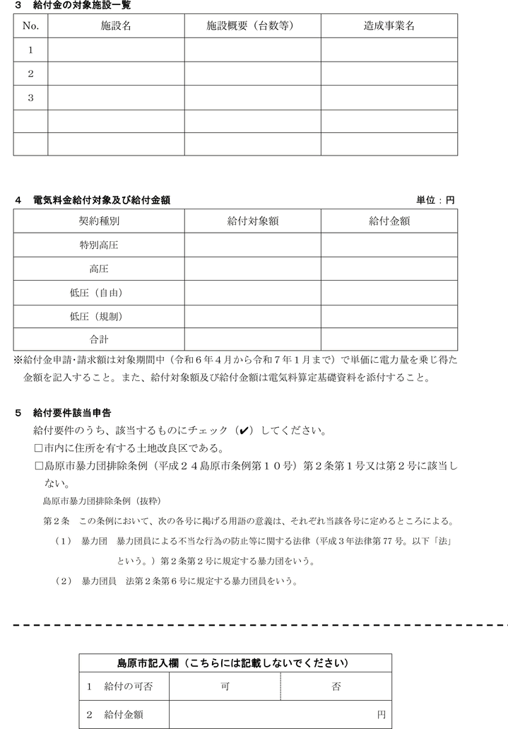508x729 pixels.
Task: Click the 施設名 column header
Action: click(x=117, y=25)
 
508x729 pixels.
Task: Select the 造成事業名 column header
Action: click(x=389, y=25)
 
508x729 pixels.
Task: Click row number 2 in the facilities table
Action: click(x=30, y=74)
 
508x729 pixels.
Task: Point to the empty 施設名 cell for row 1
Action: click(x=117, y=50)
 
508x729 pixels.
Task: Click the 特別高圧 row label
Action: click(x=99, y=245)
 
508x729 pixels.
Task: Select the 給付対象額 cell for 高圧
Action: click(x=252, y=269)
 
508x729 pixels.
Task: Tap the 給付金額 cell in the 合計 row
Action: click(x=389, y=339)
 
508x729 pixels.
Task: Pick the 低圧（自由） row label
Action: click(x=99, y=292)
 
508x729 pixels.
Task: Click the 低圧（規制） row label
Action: click(x=99, y=316)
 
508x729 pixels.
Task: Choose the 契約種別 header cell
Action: click(x=99, y=221)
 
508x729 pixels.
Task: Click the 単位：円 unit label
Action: click(x=435, y=201)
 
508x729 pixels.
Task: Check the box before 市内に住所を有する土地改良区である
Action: click(x=39, y=448)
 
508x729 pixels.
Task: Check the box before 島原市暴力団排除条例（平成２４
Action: click(x=39, y=466)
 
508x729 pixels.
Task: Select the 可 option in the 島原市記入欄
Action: click(x=225, y=686)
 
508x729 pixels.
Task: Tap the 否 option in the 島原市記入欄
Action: click(x=336, y=686)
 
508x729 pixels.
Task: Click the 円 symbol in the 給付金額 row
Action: click(x=381, y=715)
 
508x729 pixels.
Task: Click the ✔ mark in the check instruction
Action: click(x=244, y=431)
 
